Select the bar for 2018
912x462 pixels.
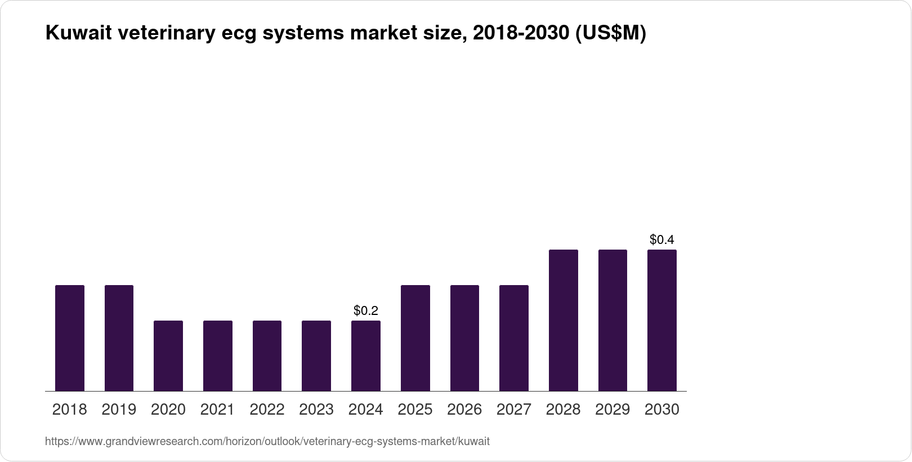(70, 338)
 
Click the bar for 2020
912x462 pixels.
(168, 356)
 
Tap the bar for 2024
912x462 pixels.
(366, 356)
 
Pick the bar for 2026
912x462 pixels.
(464, 338)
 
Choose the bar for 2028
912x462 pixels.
(564, 320)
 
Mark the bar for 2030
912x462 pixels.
(662, 320)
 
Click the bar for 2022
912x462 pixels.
(267, 356)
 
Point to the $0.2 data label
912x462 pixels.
(366, 310)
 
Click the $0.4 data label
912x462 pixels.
(662, 240)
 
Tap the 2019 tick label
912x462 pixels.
(119, 410)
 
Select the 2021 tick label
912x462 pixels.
(217, 410)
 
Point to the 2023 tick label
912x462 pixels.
(316, 410)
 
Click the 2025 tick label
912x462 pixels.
(415, 410)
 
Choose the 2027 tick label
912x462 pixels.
(514, 410)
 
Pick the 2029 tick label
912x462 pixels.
(613, 410)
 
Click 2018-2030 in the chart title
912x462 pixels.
(520, 34)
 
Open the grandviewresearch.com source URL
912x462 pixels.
(267, 442)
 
